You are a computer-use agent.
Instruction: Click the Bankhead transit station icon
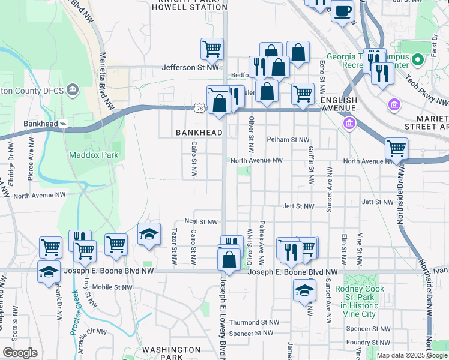64,124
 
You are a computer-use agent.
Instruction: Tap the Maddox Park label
93,155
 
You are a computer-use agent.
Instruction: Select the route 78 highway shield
200,107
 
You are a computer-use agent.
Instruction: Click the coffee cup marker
342,10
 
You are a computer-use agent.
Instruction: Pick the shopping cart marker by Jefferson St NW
212,49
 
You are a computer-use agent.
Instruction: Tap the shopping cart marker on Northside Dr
396,148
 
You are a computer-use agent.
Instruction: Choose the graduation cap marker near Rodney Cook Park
304,290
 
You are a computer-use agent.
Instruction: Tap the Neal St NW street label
201,221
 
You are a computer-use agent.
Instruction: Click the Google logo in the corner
20,353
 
